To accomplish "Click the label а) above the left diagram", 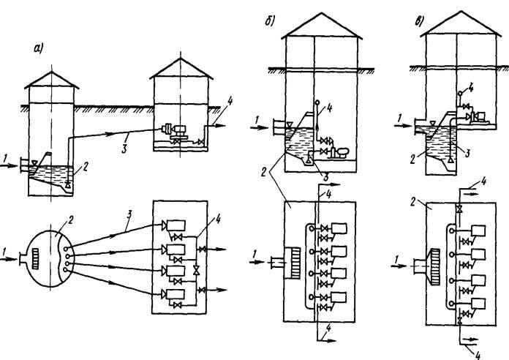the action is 39,48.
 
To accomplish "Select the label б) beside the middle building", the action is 270,21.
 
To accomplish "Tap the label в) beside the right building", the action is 419,21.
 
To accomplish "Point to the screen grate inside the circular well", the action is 36,258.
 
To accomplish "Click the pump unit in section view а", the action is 173,131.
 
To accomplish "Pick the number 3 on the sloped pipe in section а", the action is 124,149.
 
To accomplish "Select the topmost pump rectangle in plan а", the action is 176,225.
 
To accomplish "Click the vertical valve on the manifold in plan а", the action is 196,270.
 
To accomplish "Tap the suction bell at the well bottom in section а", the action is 68,184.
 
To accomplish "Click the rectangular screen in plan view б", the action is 292,263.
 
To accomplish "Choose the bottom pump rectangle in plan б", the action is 339,297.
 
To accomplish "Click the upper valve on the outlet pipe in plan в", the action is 459,209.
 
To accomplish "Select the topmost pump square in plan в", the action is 478,230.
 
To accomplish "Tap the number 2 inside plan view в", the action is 413,203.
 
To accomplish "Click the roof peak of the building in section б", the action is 322,13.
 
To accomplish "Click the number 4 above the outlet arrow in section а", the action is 230,102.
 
